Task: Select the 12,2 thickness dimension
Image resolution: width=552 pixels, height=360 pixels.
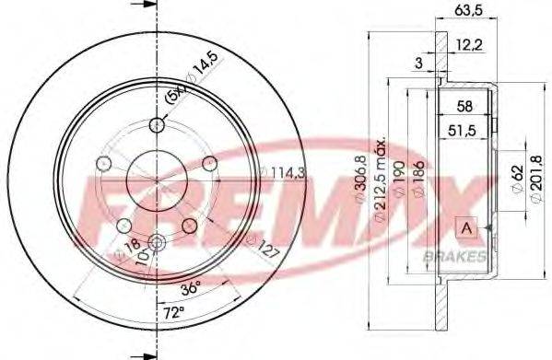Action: tap(471, 44)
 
